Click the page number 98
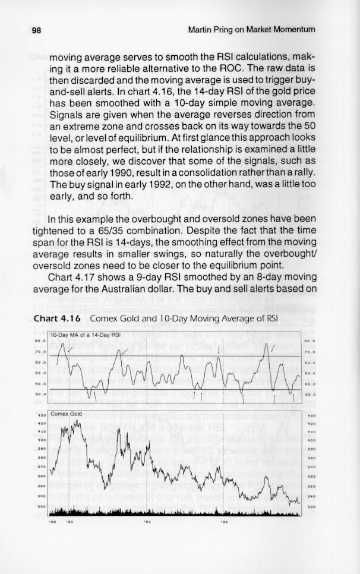pos(37,29)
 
